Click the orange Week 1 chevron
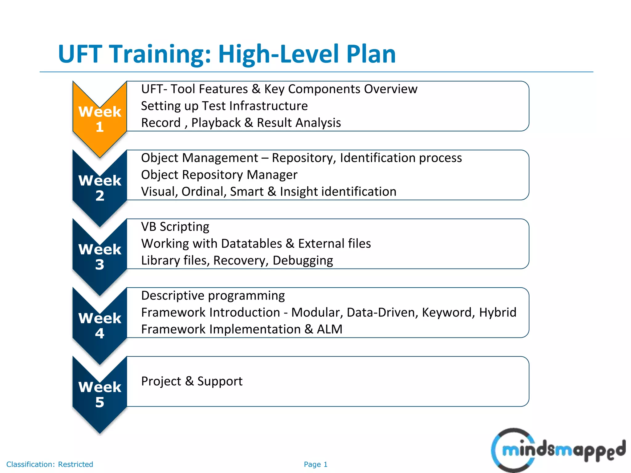[100, 120]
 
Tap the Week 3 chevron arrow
[100, 257]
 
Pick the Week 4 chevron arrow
[100, 326]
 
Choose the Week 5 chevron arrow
[100, 395]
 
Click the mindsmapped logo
[558, 450]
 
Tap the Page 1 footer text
[315, 464]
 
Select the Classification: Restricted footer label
[50, 464]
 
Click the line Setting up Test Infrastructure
[224, 106]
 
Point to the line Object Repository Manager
[219, 175]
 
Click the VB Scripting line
[175, 227]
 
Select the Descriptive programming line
[213, 296]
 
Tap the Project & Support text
[192, 381]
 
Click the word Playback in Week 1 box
[216, 123]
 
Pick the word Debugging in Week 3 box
[303, 261]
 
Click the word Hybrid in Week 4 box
[497, 313]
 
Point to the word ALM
[329, 329]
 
